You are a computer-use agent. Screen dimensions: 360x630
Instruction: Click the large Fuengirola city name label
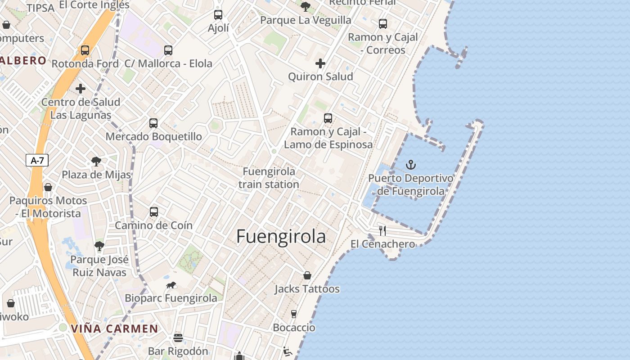coord(281,237)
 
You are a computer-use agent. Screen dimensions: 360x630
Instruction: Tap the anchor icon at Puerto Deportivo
coord(410,165)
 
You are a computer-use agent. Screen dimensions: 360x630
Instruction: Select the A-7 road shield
coord(37,160)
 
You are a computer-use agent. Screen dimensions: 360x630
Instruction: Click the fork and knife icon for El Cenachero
coord(382,231)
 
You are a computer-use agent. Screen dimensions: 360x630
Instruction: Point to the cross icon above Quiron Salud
coord(320,63)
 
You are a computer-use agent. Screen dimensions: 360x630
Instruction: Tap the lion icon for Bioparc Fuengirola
coord(171,285)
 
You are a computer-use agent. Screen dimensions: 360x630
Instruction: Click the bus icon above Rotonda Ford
coord(85,50)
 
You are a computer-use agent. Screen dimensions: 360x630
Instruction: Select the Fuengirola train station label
coord(269,178)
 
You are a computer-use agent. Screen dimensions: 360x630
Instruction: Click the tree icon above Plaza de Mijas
coord(96,161)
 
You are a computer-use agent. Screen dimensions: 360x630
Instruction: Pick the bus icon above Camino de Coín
coord(154,212)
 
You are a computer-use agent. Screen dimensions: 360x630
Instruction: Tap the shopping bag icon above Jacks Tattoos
coord(307,275)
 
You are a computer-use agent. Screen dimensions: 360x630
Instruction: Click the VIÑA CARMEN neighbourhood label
coord(114,328)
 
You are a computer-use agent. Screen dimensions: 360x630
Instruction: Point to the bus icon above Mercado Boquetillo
coord(153,123)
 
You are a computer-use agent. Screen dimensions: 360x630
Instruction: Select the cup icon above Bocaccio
coord(294,314)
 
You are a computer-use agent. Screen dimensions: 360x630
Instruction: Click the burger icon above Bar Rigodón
coord(178,337)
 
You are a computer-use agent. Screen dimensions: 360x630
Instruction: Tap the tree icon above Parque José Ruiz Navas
coord(99,246)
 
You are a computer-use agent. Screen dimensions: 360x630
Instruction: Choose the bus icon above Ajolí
coord(218,15)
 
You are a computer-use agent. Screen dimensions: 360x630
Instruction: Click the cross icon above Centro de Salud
coord(81,89)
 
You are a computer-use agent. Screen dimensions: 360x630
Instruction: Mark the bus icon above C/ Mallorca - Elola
coord(168,50)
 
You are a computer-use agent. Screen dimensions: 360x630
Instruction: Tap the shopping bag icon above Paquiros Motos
coord(48,187)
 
